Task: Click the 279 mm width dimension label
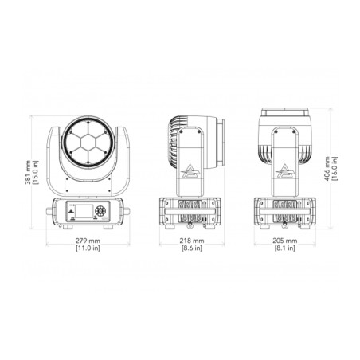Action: click(88, 241)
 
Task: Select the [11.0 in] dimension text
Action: click(88, 248)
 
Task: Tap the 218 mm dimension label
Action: click(192, 241)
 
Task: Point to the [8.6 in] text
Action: click(192, 248)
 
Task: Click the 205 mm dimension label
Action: click(285, 241)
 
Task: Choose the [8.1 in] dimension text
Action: click(285, 248)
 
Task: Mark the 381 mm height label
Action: click(28, 172)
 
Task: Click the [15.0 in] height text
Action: click(35, 172)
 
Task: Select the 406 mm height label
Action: click(327, 169)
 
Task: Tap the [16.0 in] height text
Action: click(335, 169)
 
